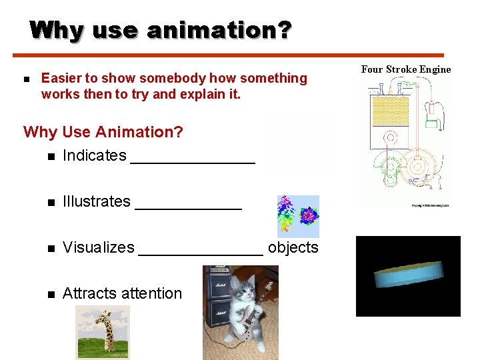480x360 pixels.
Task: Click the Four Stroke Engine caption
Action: click(x=405, y=69)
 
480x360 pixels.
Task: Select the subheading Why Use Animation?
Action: click(x=103, y=132)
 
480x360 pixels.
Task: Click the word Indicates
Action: click(x=94, y=155)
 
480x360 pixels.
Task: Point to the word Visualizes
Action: click(x=98, y=247)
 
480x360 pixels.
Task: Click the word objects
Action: click(x=293, y=247)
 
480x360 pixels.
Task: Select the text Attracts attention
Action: click(x=122, y=293)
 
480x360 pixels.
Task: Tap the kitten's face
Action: click(x=241, y=290)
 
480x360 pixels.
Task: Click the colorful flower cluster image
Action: click(x=298, y=216)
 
